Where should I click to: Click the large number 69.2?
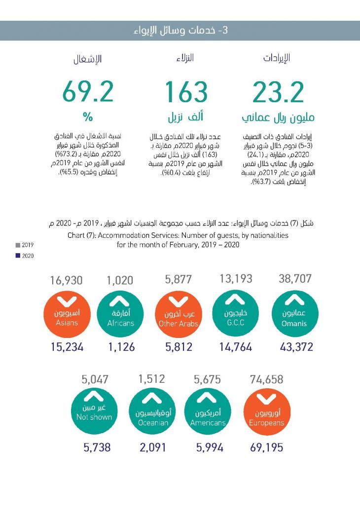click(x=88, y=92)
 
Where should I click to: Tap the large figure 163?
click(x=186, y=92)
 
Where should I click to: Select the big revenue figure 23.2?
click(x=278, y=92)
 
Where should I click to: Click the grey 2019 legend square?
click(x=18, y=245)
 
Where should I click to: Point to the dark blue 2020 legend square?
click(x=18, y=256)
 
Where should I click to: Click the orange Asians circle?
click(x=66, y=314)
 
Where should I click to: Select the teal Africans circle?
click(x=120, y=314)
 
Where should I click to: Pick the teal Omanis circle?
click(x=294, y=313)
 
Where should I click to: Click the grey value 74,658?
click(x=266, y=379)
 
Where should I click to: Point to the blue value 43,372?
click(x=296, y=347)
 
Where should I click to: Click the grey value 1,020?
click(x=120, y=281)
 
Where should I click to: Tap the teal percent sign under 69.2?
click(x=88, y=117)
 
